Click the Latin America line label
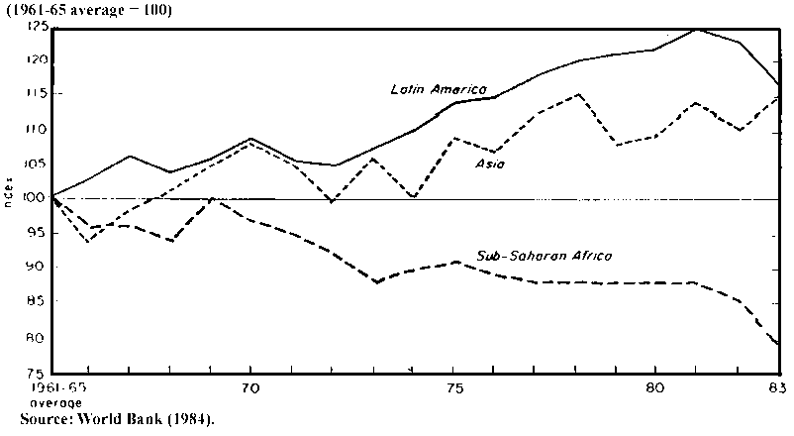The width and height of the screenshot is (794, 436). click(x=440, y=89)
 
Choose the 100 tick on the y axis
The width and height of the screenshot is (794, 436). click(x=38, y=198)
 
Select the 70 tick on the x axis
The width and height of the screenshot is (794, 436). click(x=249, y=389)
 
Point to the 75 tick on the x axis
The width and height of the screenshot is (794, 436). click(x=452, y=389)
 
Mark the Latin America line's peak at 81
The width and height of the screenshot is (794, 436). click(x=698, y=29)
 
